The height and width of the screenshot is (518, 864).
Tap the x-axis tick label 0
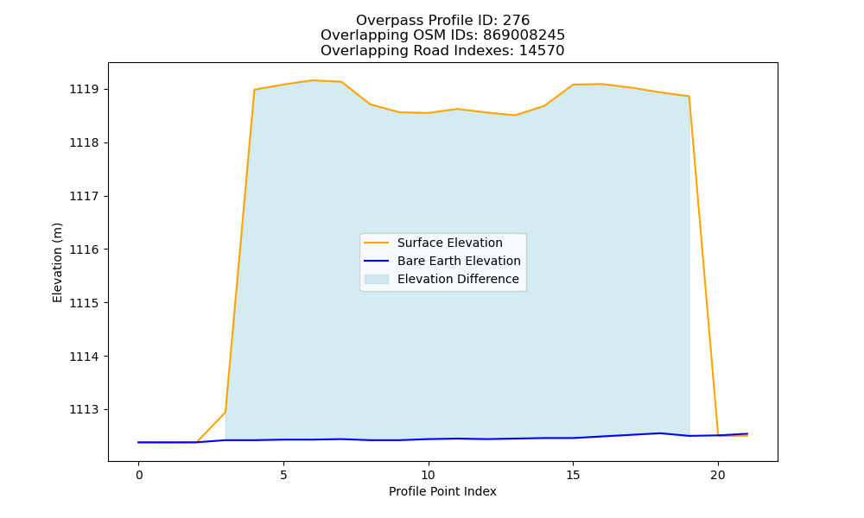(139, 475)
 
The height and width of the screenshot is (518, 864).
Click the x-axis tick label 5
(283, 475)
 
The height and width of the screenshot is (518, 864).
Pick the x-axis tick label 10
(429, 475)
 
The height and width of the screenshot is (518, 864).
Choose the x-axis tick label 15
(573, 475)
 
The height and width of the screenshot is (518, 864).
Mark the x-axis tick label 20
(717, 475)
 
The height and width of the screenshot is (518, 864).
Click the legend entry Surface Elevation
(449, 243)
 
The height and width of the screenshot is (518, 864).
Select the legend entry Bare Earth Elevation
(459, 261)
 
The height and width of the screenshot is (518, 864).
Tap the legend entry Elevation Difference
(458, 279)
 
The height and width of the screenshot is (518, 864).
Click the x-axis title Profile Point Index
(442, 491)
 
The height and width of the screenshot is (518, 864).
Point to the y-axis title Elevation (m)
(57, 262)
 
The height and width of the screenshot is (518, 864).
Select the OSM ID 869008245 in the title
(524, 35)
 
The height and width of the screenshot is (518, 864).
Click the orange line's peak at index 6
(313, 80)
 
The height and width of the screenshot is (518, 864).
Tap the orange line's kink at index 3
(226, 413)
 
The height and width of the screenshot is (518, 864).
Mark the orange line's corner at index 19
(689, 97)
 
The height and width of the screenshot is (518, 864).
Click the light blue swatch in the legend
(377, 279)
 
